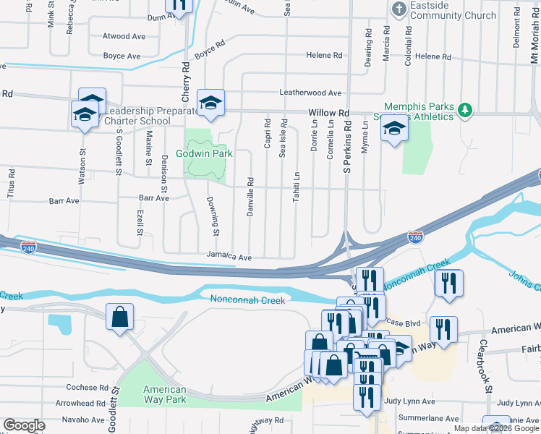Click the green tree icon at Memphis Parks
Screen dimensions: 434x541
467,110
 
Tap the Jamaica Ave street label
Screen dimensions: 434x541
229,257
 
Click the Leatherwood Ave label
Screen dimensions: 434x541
310,93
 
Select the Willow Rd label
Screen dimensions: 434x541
328,114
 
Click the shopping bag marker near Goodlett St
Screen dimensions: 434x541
120,317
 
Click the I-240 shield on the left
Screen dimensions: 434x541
29,247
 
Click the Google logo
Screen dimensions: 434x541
25,425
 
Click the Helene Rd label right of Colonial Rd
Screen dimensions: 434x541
433,56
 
